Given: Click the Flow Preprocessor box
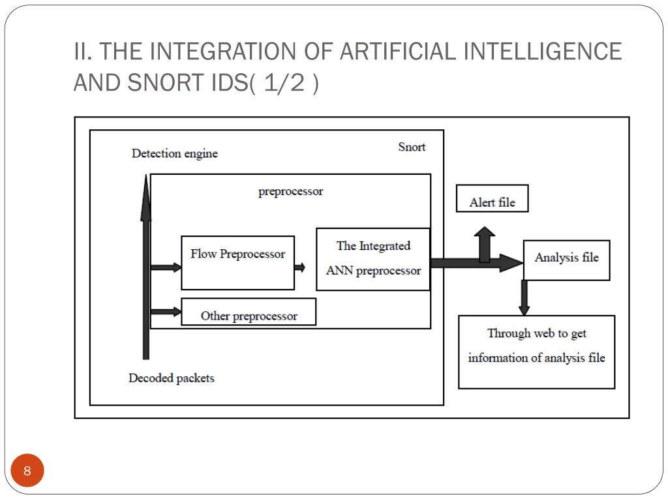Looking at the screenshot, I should tap(237, 262).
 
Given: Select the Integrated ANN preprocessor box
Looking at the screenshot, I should tap(373, 259).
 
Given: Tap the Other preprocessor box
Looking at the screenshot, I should tap(249, 312).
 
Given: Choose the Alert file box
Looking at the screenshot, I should tap(492, 199).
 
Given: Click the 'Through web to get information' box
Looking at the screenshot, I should tap(536, 352).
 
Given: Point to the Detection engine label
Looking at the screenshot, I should tap(175, 154).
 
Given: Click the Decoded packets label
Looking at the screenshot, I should tap(172, 378).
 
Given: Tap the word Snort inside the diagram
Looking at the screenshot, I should tap(412, 147).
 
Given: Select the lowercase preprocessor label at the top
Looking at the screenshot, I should tap(290, 192).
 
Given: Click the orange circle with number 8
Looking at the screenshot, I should tap(27, 471).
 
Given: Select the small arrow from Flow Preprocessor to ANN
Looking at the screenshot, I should tap(299, 267).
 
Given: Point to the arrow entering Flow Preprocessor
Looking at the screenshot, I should tap(166, 267).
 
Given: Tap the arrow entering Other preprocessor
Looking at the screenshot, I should tap(166, 312).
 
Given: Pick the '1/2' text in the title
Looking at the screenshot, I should tap(285, 83).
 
